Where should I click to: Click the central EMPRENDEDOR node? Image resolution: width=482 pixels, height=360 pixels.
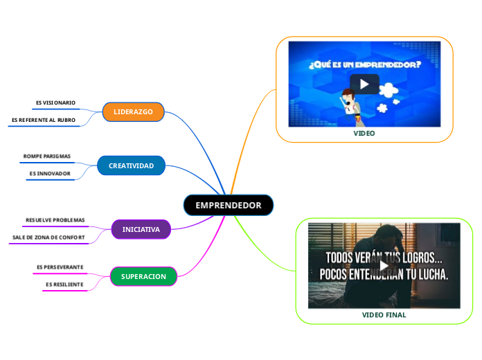coord(229,206)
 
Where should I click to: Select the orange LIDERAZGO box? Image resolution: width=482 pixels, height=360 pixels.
coord(133,111)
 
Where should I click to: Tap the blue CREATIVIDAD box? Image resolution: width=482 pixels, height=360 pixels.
coord(132,166)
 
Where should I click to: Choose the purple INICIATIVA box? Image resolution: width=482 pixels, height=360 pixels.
coord(141,229)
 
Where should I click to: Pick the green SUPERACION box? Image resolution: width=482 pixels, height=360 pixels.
coord(143,276)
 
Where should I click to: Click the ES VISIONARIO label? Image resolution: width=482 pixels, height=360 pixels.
coord(55,102)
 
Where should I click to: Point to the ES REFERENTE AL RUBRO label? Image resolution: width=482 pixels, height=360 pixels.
coord(43,120)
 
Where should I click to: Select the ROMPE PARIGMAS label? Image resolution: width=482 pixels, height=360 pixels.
coord(47,156)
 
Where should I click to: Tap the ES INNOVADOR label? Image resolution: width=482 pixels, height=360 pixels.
coord(50,173)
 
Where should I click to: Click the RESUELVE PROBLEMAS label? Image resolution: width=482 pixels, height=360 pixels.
coord(55,219)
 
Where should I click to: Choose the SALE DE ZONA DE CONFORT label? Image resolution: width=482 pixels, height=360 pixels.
coord(48,237)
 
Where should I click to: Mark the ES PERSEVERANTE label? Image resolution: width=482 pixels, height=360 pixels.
coord(60,267)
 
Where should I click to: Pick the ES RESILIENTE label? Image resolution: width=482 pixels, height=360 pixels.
coord(64,284)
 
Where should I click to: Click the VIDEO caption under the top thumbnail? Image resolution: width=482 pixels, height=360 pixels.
coord(364,134)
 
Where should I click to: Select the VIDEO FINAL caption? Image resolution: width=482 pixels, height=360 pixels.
coord(384,314)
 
